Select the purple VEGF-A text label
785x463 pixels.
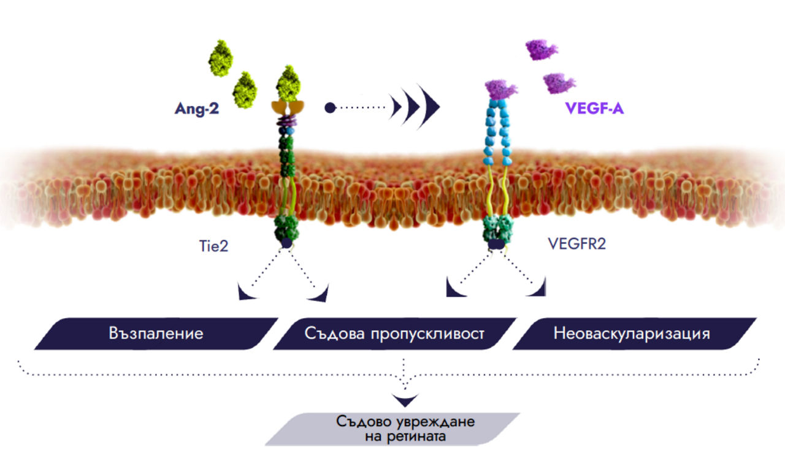pos(594,110)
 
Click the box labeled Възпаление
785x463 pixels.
pos(157,334)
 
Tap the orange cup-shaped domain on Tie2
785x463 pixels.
pos(287,108)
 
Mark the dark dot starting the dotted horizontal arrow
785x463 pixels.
pos(330,108)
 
